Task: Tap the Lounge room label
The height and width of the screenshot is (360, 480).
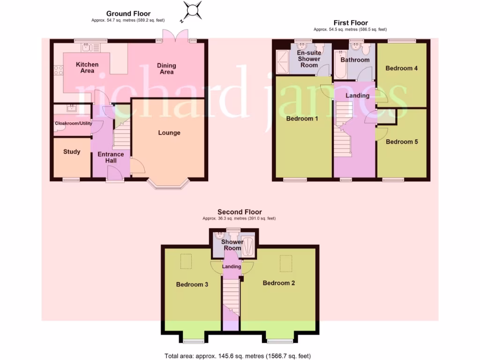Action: click(x=169, y=133)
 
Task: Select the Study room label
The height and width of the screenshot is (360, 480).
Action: click(x=72, y=152)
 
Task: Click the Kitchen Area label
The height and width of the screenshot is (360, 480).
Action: click(x=88, y=67)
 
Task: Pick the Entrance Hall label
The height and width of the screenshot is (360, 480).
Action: click(x=111, y=157)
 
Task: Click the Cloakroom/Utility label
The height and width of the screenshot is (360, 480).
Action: click(x=73, y=123)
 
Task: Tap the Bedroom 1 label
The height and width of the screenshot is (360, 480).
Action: click(x=302, y=119)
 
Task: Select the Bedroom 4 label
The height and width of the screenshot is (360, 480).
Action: click(x=402, y=68)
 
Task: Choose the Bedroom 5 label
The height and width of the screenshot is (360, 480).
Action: click(x=402, y=142)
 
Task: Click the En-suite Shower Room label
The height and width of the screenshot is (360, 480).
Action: click(x=309, y=59)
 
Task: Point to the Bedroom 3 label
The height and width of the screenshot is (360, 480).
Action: click(x=192, y=285)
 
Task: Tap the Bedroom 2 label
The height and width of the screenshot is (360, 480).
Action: click(x=278, y=283)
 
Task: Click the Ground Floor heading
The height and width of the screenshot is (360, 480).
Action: click(x=128, y=14)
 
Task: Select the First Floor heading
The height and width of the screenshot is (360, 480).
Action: click(x=351, y=22)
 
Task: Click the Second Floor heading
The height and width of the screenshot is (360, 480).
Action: click(x=240, y=212)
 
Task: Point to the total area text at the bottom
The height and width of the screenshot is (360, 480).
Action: click(x=238, y=356)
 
